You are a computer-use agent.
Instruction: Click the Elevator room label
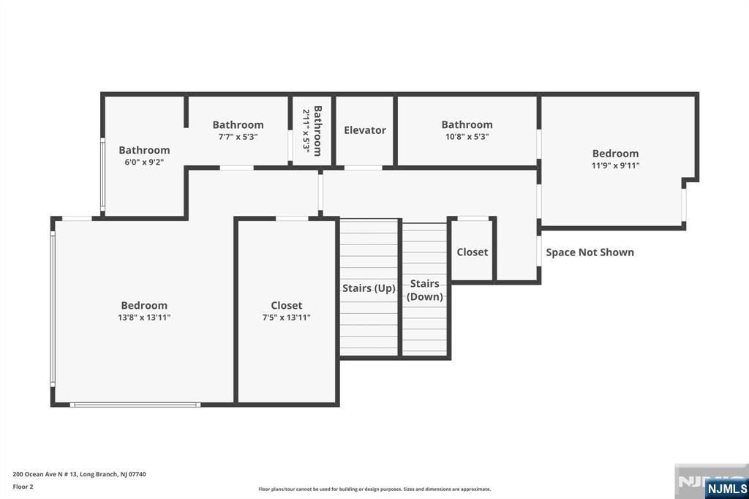365,130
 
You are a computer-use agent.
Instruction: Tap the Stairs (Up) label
369,288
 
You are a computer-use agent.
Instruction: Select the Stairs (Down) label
425,290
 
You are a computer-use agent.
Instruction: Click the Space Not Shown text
590,252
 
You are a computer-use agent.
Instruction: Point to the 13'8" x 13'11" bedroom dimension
144,318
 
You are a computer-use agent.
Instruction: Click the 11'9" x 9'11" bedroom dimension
615,166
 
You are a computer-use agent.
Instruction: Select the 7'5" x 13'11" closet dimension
287,318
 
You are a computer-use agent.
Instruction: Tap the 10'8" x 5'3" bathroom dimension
467,137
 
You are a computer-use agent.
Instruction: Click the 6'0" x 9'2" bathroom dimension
144,162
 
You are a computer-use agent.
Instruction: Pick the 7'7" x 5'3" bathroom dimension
238,137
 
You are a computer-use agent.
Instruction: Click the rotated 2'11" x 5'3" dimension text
306,130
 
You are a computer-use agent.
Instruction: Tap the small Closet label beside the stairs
473,252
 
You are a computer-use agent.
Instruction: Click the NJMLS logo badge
726,489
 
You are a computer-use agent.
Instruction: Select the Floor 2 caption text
23,487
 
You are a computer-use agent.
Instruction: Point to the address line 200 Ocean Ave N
79,474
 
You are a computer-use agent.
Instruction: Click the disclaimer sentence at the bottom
374,489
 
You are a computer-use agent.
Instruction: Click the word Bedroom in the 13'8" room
144,305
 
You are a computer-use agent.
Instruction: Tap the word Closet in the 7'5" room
287,305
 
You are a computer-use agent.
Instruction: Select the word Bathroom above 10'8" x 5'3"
467,124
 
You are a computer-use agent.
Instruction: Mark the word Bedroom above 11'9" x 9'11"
615,154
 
